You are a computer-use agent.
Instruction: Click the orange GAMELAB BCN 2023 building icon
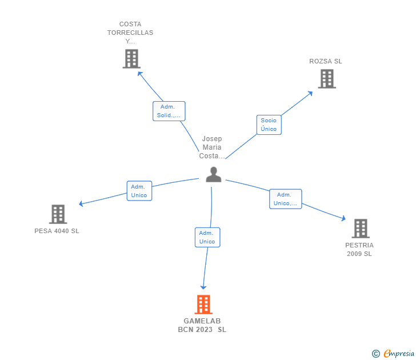tap(203, 305)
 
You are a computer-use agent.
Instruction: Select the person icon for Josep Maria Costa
tap(213, 174)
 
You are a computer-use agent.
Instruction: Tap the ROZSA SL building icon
tap(326, 79)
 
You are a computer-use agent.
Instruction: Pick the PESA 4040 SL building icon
tap(58, 214)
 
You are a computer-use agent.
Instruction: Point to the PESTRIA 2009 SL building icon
tap(360, 229)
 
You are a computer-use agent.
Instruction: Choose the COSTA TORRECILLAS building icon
tap(131, 59)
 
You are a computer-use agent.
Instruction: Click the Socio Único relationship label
tap(269, 125)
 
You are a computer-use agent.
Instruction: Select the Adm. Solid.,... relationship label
tap(169, 111)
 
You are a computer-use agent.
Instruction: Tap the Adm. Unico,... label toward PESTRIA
tap(285, 199)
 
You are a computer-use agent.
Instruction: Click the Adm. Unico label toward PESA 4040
tap(139, 191)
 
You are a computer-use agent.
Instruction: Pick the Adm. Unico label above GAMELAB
tap(207, 237)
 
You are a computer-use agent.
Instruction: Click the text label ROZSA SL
tap(326, 61)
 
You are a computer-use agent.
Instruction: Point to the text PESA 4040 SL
tap(57, 231)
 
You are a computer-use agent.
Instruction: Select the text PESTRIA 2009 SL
tap(359, 250)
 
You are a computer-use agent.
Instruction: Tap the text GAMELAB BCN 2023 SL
tap(202, 325)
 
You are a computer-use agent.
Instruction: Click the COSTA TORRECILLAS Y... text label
tap(130, 33)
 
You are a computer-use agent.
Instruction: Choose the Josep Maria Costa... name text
tap(212, 147)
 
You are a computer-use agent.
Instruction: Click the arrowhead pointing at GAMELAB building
tap(203, 287)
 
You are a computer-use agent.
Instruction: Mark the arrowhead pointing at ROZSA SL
tap(310, 93)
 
